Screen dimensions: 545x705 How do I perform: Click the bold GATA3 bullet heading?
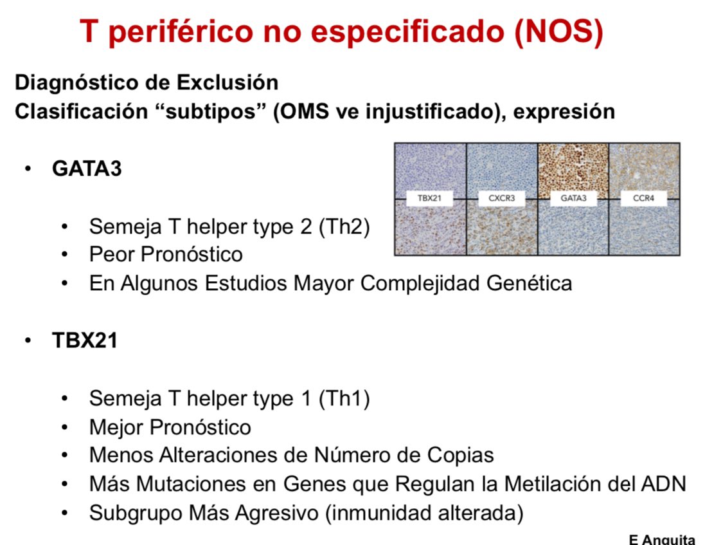(x=87, y=169)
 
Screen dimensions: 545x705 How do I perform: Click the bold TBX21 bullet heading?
(x=85, y=340)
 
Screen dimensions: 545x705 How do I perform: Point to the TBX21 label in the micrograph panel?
(x=429, y=199)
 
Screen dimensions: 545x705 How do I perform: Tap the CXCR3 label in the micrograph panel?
(x=501, y=199)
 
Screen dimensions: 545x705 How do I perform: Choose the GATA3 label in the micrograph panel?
(x=573, y=199)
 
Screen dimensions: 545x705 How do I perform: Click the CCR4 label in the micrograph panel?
(x=644, y=199)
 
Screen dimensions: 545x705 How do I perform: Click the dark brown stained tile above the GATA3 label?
(x=573, y=167)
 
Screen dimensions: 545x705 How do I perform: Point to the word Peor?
(x=112, y=255)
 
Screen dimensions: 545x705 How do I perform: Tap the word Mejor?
(x=116, y=427)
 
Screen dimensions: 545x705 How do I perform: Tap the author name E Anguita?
(x=661, y=539)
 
